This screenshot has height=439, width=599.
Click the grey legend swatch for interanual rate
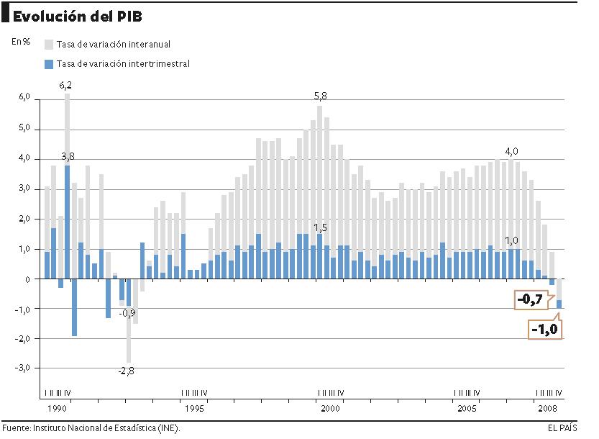[x=49, y=45]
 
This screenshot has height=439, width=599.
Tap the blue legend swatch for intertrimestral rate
[x=49, y=64]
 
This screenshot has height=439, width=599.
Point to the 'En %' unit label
[x=21, y=41]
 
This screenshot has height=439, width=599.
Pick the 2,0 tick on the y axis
[x=24, y=219]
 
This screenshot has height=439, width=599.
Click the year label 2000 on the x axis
[x=330, y=408]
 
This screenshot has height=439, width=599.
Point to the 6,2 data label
[x=65, y=85]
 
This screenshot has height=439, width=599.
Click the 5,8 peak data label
[x=320, y=96]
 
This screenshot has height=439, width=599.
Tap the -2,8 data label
[x=127, y=371]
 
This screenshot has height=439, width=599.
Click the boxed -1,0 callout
[x=544, y=330]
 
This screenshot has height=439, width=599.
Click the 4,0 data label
[x=511, y=151]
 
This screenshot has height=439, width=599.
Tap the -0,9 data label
[x=127, y=313]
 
